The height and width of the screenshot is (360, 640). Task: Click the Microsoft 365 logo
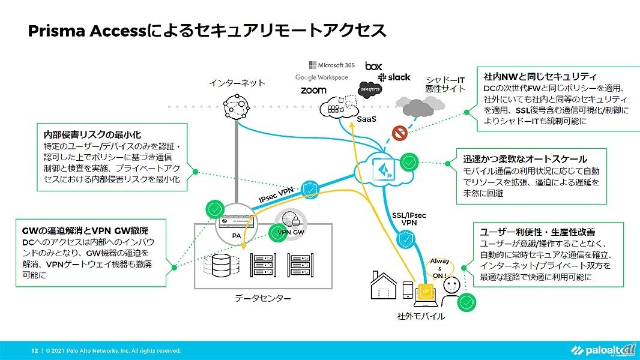tap(332, 65)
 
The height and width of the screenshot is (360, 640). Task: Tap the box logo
tap(373, 65)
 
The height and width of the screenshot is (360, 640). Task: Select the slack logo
tap(394, 77)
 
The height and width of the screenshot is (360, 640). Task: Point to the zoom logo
tap(313, 90)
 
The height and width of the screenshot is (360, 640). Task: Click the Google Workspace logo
tap(322, 77)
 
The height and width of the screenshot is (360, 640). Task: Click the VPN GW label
tap(291, 232)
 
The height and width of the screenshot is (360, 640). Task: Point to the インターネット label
tap(237, 83)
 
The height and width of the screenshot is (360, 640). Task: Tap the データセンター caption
tap(262, 298)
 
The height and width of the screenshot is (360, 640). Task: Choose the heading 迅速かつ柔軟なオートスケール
tap(525, 160)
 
